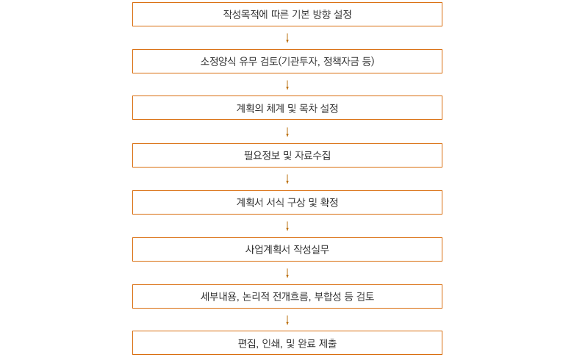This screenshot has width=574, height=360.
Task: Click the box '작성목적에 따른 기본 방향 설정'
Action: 287,14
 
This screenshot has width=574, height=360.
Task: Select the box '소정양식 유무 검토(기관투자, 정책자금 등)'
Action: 287,61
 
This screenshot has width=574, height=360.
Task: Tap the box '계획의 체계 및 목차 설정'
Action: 287,107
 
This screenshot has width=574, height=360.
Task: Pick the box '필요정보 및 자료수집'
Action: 287,155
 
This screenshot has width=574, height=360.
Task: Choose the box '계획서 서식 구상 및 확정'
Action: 287,202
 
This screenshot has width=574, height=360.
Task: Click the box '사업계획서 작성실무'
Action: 287,250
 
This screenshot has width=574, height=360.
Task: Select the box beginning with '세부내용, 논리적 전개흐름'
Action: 287,296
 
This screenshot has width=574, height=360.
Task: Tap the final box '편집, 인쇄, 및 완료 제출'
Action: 287,343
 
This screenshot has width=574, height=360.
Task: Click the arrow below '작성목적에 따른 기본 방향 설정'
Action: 287,37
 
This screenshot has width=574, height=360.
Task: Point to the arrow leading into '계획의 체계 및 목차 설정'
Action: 287,85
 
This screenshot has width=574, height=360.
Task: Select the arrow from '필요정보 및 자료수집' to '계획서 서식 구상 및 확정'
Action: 287,179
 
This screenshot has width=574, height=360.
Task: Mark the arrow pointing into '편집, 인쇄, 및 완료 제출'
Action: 287,320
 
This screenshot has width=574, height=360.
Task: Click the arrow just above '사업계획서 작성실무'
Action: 287,226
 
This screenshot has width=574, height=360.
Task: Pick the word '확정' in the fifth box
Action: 329,202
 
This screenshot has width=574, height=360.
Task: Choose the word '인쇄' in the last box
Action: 272,343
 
